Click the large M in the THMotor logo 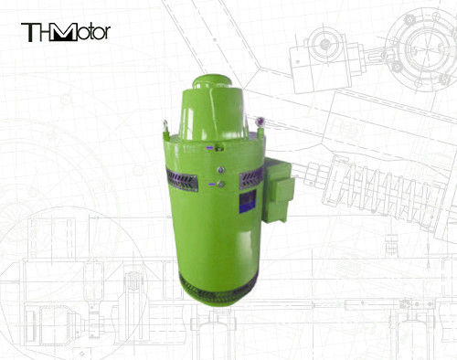tap(63, 32)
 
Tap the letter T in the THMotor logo tap(29, 32)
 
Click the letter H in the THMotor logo tap(43, 32)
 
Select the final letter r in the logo tap(106, 33)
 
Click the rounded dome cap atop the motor tap(212, 81)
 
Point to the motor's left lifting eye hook tap(165, 126)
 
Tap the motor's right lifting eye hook tap(260, 124)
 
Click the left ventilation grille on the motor tap(182, 180)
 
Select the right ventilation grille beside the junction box tap(251, 178)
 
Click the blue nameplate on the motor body tap(248, 200)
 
